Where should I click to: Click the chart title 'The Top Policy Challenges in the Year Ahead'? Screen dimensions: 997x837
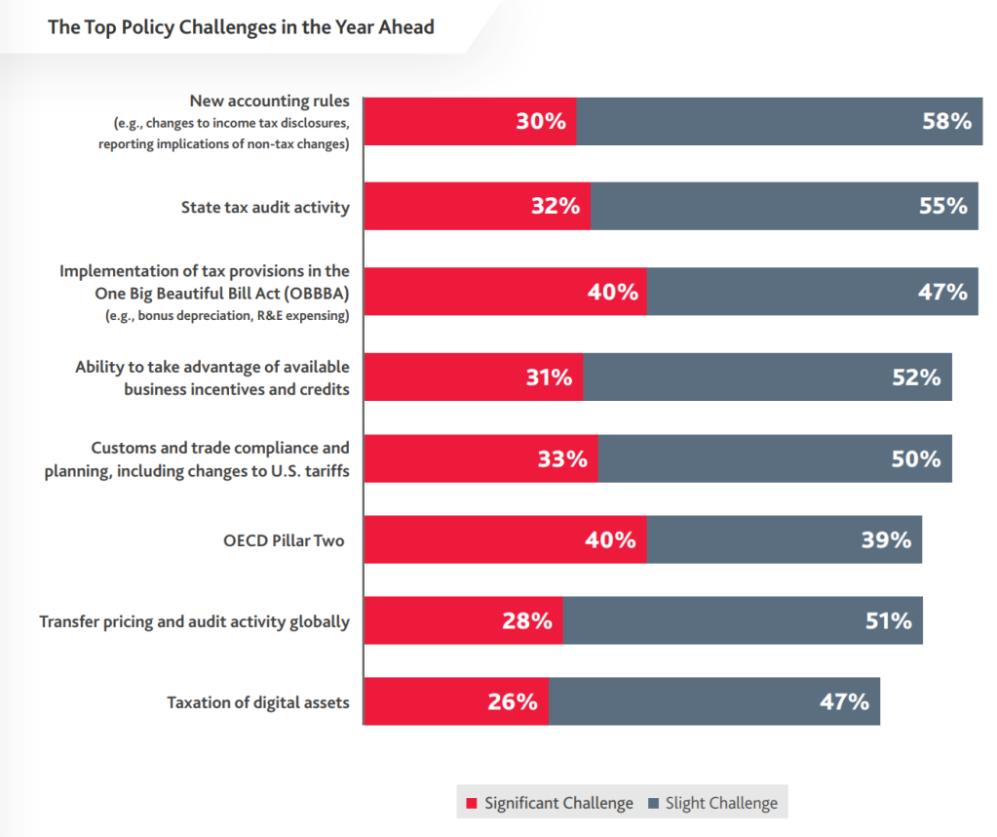pyautogui.click(x=241, y=27)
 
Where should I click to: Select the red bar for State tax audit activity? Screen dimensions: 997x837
pyautogui.click(x=478, y=206)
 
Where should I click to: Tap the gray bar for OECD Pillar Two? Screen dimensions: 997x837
pyautogui.click(x=784, y=539)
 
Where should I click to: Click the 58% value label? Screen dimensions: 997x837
pyautogui.click(x=946, y=121)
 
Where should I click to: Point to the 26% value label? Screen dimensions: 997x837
pyautogui.click(x=513, y=701)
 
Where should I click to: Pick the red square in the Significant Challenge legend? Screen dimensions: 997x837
pyautogui.click(x=471, y=803)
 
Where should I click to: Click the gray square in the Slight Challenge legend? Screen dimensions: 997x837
pyautogui.click(x=653, y=803)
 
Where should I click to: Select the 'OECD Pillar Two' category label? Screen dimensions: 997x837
pyautogui.click(x=284, y=540)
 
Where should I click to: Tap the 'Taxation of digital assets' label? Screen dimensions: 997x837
pyautogui.click(x=258, y=702)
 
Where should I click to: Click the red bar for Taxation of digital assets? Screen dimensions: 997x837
pyautogui.click(x=456, y=701)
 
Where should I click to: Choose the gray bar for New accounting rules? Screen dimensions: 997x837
pyautogui.click(x=780, y=122)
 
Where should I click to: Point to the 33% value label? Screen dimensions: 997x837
pyautogui.click(x=562, y=458)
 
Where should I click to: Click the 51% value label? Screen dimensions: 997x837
pyautogui.click(x=888, y=620)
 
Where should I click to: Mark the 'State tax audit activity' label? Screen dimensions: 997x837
pyautogui.click(x=265, y=208)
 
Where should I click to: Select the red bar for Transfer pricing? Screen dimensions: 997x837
pyautogui.click(x=464, y=620)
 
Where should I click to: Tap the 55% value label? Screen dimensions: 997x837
pyautogui.click(x=943, y=206)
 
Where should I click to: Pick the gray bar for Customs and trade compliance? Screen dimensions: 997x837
pyautogui.click(x=775, y=458)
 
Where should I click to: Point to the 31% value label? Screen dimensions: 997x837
pyautogui.click(x=549, y=378)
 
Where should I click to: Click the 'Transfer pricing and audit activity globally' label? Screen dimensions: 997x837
pyautogui.click(x=195, y=621)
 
